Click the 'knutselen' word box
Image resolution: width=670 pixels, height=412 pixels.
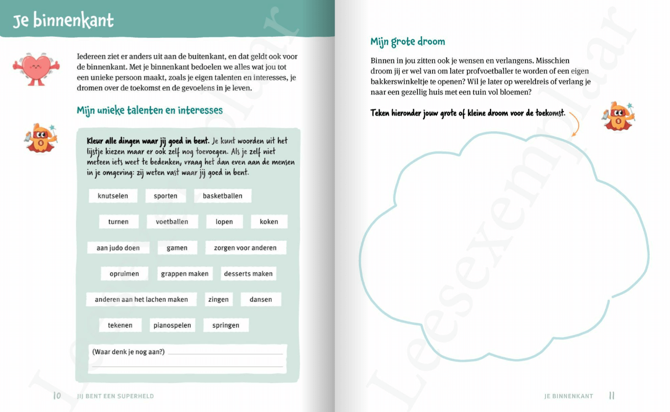(113, 196)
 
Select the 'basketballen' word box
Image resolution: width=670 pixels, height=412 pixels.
(222, 196)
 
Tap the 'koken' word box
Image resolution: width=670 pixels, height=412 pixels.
(269, 222)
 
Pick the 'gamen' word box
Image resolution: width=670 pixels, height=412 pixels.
(177, 248)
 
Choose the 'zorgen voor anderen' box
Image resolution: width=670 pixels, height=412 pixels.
(245, 248)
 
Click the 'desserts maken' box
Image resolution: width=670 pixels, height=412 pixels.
(248, 274)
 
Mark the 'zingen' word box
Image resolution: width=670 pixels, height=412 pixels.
(218, 299)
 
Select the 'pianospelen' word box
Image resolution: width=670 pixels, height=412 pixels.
(172, 325)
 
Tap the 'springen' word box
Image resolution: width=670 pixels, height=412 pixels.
(226, 325)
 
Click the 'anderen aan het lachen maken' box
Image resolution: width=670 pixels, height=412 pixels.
(141, 299)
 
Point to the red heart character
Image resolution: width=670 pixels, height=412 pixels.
(36, 69)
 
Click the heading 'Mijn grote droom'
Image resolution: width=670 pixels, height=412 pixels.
(408, 42)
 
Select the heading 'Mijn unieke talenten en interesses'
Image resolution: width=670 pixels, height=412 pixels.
(150, 111)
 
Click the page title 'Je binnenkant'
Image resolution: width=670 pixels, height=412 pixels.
(63, 20)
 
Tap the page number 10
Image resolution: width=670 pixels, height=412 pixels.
(57, 395)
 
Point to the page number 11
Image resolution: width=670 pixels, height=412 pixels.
(612, 395)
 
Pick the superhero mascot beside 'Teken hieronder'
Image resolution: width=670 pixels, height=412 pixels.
(619, 117)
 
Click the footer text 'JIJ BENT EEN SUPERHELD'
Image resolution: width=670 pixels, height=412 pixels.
(115, 396)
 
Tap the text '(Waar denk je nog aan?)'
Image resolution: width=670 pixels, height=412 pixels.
(128, 352)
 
